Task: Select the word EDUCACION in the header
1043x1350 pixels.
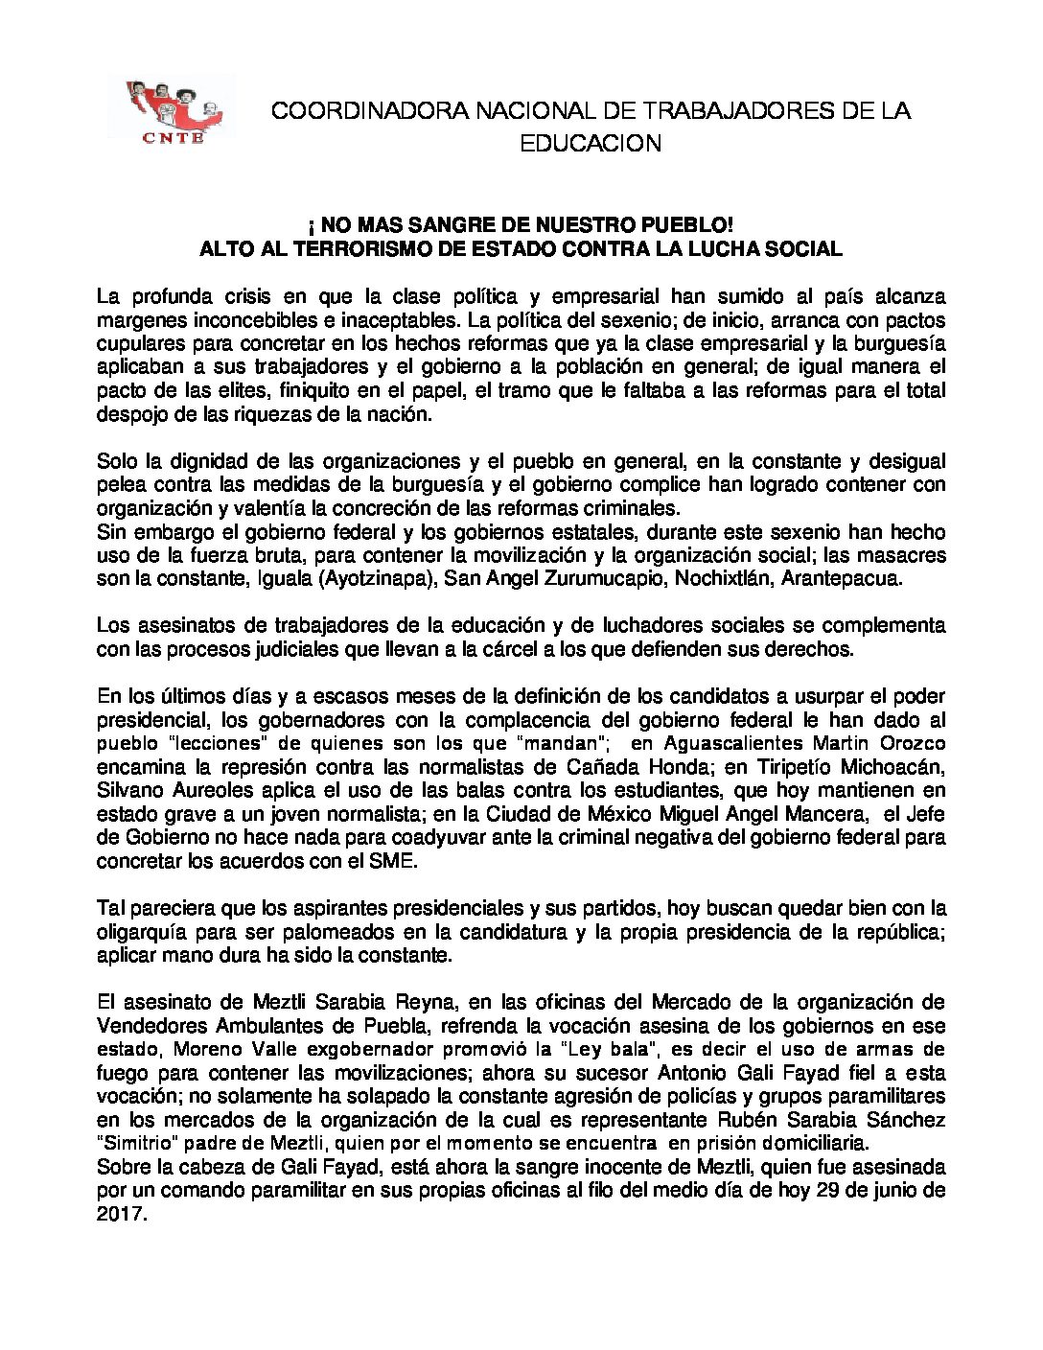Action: pyautogui.click(x=591, y=144)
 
